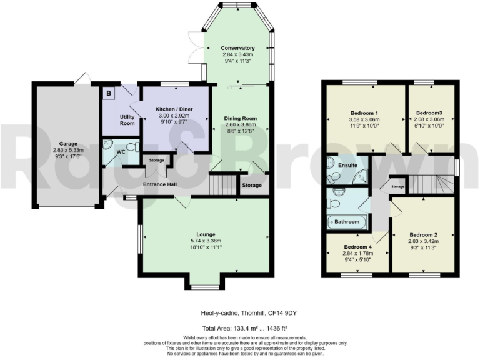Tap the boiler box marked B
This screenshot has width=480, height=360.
click(109, 94)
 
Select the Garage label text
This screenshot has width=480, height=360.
click(68, 143)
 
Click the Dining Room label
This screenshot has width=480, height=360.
click(241, 119)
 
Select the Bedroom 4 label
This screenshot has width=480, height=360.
click(357, 247)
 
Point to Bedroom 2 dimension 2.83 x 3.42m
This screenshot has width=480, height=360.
click(422, 241)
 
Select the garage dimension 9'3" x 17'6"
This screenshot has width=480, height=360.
click(68, 157)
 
